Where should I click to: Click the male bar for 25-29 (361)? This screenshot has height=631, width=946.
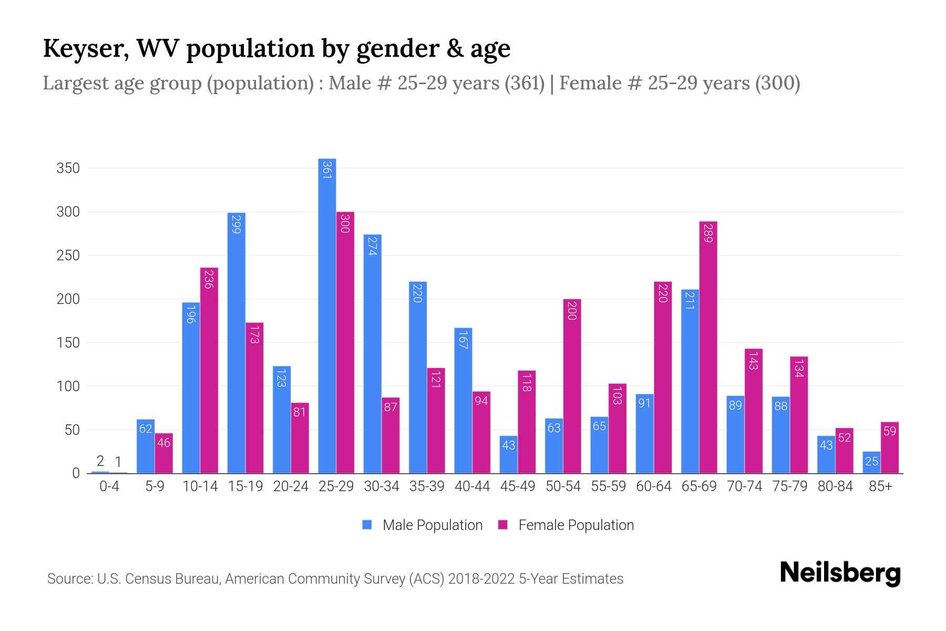[x=327, y=315]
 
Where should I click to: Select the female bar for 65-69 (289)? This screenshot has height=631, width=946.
[x=708, y=347]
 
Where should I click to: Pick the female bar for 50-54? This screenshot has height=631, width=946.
[x=572, y=386]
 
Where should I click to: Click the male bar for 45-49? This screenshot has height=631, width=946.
[x=508, y=455]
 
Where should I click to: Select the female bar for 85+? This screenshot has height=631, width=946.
[x=889, y=447]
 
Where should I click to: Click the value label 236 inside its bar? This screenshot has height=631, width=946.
[x=209, y=279]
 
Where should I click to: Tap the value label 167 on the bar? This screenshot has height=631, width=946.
[x=463, y=340]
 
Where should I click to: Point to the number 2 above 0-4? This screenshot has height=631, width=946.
[x=100, y=461]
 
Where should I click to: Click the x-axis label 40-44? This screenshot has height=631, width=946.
[x=472, y=486]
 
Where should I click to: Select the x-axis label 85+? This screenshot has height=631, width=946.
[x=880, y=486]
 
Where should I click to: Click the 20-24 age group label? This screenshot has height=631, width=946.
[x=291, y=486]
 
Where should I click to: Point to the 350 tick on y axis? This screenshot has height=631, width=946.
[x=68, y=168]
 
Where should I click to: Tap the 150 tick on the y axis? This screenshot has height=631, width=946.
[x=68, y=343]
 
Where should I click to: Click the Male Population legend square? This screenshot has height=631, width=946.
[x=367, y=525]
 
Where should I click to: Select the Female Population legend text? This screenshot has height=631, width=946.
[x=575, y=525]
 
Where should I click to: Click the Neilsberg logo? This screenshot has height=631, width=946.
[x=840, y=573]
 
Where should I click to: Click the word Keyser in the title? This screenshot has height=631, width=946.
[x=86, y=48]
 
